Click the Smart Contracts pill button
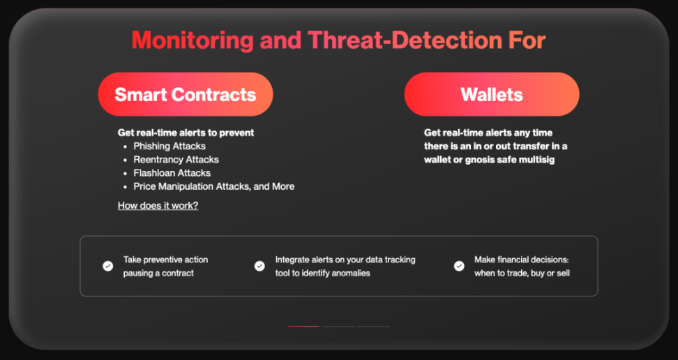[186, 94]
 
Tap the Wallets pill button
[492, 94]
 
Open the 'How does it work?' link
[158, 206]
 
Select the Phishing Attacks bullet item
[169, 147]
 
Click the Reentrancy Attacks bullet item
[176, 160]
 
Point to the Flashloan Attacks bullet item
[172, 173]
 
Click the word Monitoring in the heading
[193, 40]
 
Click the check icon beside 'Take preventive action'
[107, 266]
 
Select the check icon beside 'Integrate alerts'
[259, 266]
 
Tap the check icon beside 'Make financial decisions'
[459, 266]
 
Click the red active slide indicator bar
[303, 327]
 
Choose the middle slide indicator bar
[339, 327]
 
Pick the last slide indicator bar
[374, 327]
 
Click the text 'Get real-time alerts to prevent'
[186, 133]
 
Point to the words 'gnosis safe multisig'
[509, 160]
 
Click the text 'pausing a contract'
[158, 273]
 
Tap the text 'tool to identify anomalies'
[322, 273]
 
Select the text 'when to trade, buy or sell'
[522, 273]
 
